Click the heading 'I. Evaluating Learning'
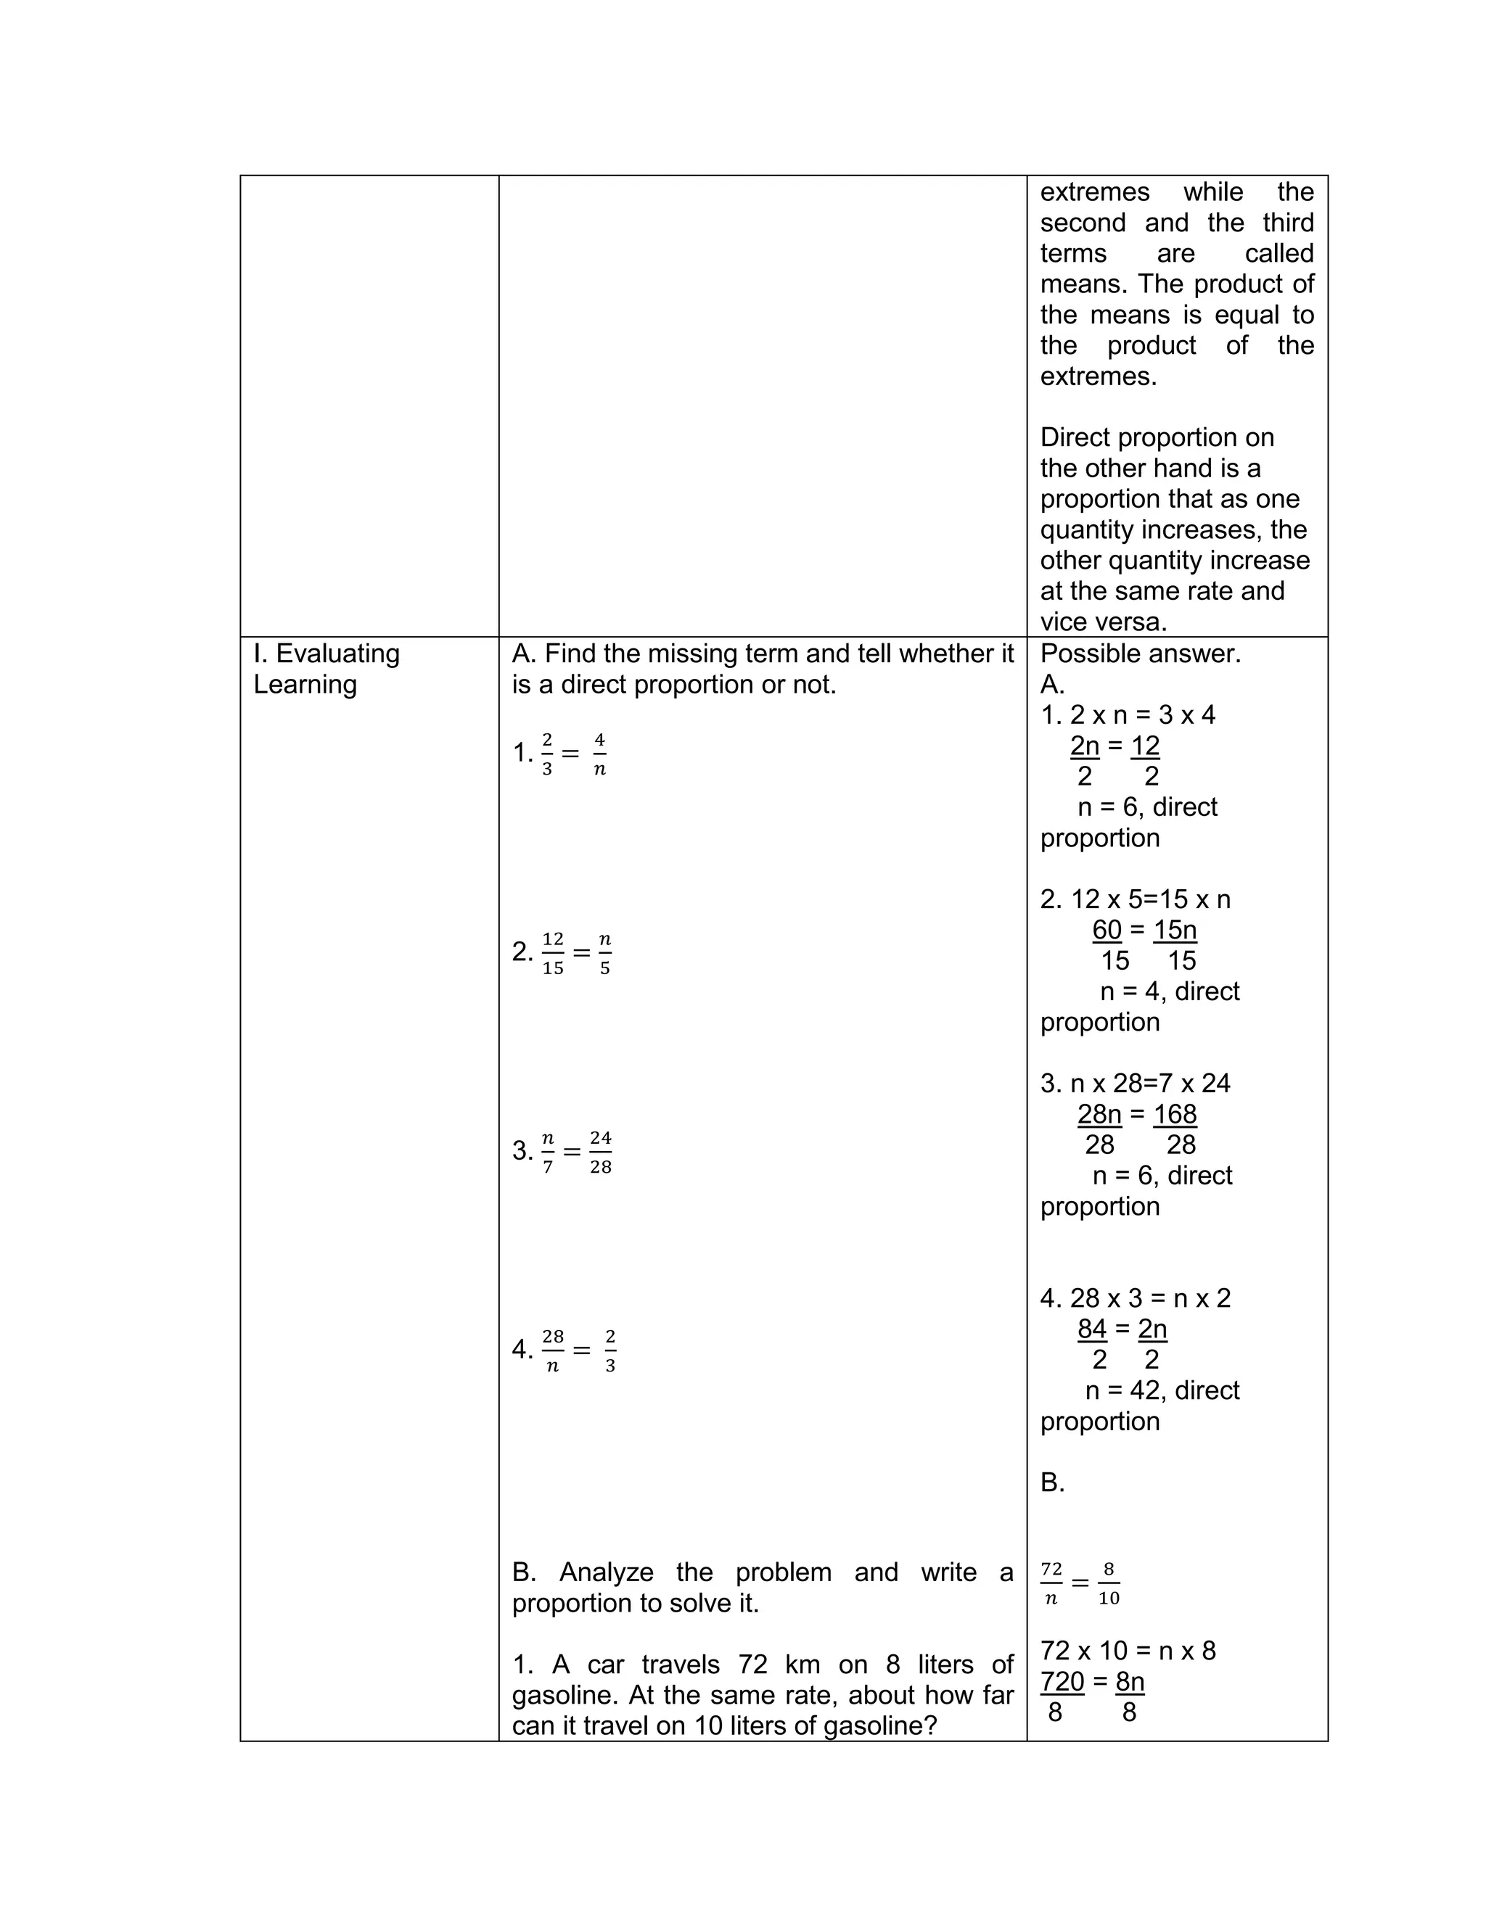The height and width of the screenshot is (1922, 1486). coord(326,669)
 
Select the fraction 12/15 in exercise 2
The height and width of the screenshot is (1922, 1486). coord(553,953)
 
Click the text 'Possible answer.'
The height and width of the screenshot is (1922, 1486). coord(1140,654)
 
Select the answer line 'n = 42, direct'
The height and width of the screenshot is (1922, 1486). coord(1162,1390)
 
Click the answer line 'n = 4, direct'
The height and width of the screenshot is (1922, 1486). coord(1169,991)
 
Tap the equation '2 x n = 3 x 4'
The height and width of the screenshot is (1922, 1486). coord(1142,715)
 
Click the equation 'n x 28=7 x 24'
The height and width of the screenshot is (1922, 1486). coord(1150,1084)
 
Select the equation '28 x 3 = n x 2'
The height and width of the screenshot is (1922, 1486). coord(1150,1298)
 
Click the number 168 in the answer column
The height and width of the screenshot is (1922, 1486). coord(1175,1115)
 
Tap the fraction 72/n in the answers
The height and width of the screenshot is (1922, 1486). coord(1051,1583)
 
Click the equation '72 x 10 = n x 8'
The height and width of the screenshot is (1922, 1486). coord(1128,1651)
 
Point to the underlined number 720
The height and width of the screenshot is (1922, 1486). coord(1062,1682)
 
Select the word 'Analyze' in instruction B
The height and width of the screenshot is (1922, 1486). coord(607,1572)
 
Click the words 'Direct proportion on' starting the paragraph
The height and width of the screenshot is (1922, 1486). coord(1157,437)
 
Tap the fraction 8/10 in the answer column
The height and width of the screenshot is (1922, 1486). coord(1109,1583)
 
